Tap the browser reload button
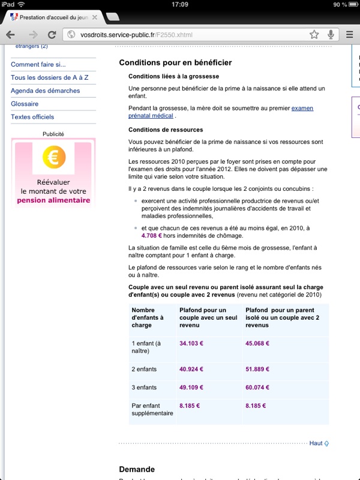52,34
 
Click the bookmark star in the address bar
314,34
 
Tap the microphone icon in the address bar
331,34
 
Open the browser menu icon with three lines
349,34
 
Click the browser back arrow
12,34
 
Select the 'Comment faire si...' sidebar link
38,65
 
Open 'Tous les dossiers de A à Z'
49,78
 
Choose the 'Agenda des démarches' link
45,91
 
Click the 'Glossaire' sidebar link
25,104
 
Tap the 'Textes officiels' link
32,117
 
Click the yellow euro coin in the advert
54,158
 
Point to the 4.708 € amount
154,236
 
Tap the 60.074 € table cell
257,387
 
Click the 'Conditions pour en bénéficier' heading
175,62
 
